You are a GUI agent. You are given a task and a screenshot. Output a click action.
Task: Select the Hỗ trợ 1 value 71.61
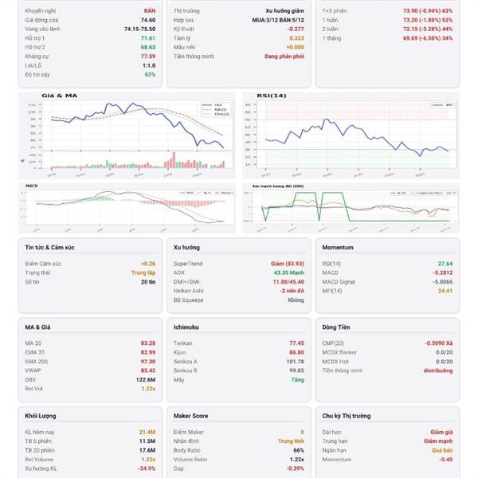[x=148, y=37]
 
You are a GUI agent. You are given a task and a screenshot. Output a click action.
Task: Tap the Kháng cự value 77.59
[x=148, y=57]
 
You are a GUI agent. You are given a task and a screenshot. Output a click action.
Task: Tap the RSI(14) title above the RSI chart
[x=271, y=96]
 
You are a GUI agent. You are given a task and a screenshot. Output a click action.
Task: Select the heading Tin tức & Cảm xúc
[x=49, y=249]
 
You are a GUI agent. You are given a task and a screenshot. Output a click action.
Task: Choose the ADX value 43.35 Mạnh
[x=288, y=272]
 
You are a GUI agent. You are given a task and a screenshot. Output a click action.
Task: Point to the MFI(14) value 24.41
[x=445, y=291]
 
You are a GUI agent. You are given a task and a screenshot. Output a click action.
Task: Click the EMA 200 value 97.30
[x=147, y=361]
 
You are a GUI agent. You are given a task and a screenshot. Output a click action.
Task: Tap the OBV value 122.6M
[x=145, y=380]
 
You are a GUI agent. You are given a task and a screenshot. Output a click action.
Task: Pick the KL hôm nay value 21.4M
[x=147, y=430]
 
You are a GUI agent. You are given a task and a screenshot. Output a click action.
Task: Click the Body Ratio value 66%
[x=298, y=449]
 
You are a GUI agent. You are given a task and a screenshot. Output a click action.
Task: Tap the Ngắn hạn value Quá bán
[x=442, y=449]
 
